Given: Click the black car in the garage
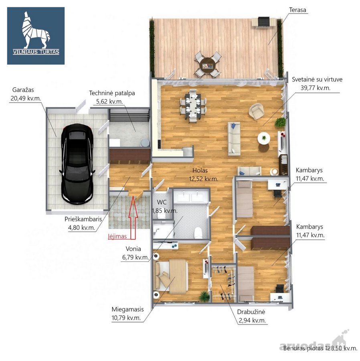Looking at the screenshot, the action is click(x=77, y=164).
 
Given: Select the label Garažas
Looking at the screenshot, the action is click(x=23, y=90).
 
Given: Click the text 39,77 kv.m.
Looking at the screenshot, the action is click(x=316, y=88).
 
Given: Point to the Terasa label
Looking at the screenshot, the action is click(x=297, y=10).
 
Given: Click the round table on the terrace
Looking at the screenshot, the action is click(x=207, y=65).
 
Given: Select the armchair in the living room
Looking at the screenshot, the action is click(x=256, y=111).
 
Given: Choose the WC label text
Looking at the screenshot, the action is click(x=162, y=202).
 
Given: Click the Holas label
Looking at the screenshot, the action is click(x=200, y=170).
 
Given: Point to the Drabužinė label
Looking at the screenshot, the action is click(x=251, y=312).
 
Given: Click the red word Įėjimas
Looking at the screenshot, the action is click(x=117, y=236).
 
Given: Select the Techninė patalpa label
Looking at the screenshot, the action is click(x=112, y=93).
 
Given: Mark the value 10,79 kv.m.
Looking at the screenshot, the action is click(x=126, y=318).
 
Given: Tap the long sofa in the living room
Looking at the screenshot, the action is click(x=234, y=139).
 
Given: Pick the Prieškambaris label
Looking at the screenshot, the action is click(x=83, y=219).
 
